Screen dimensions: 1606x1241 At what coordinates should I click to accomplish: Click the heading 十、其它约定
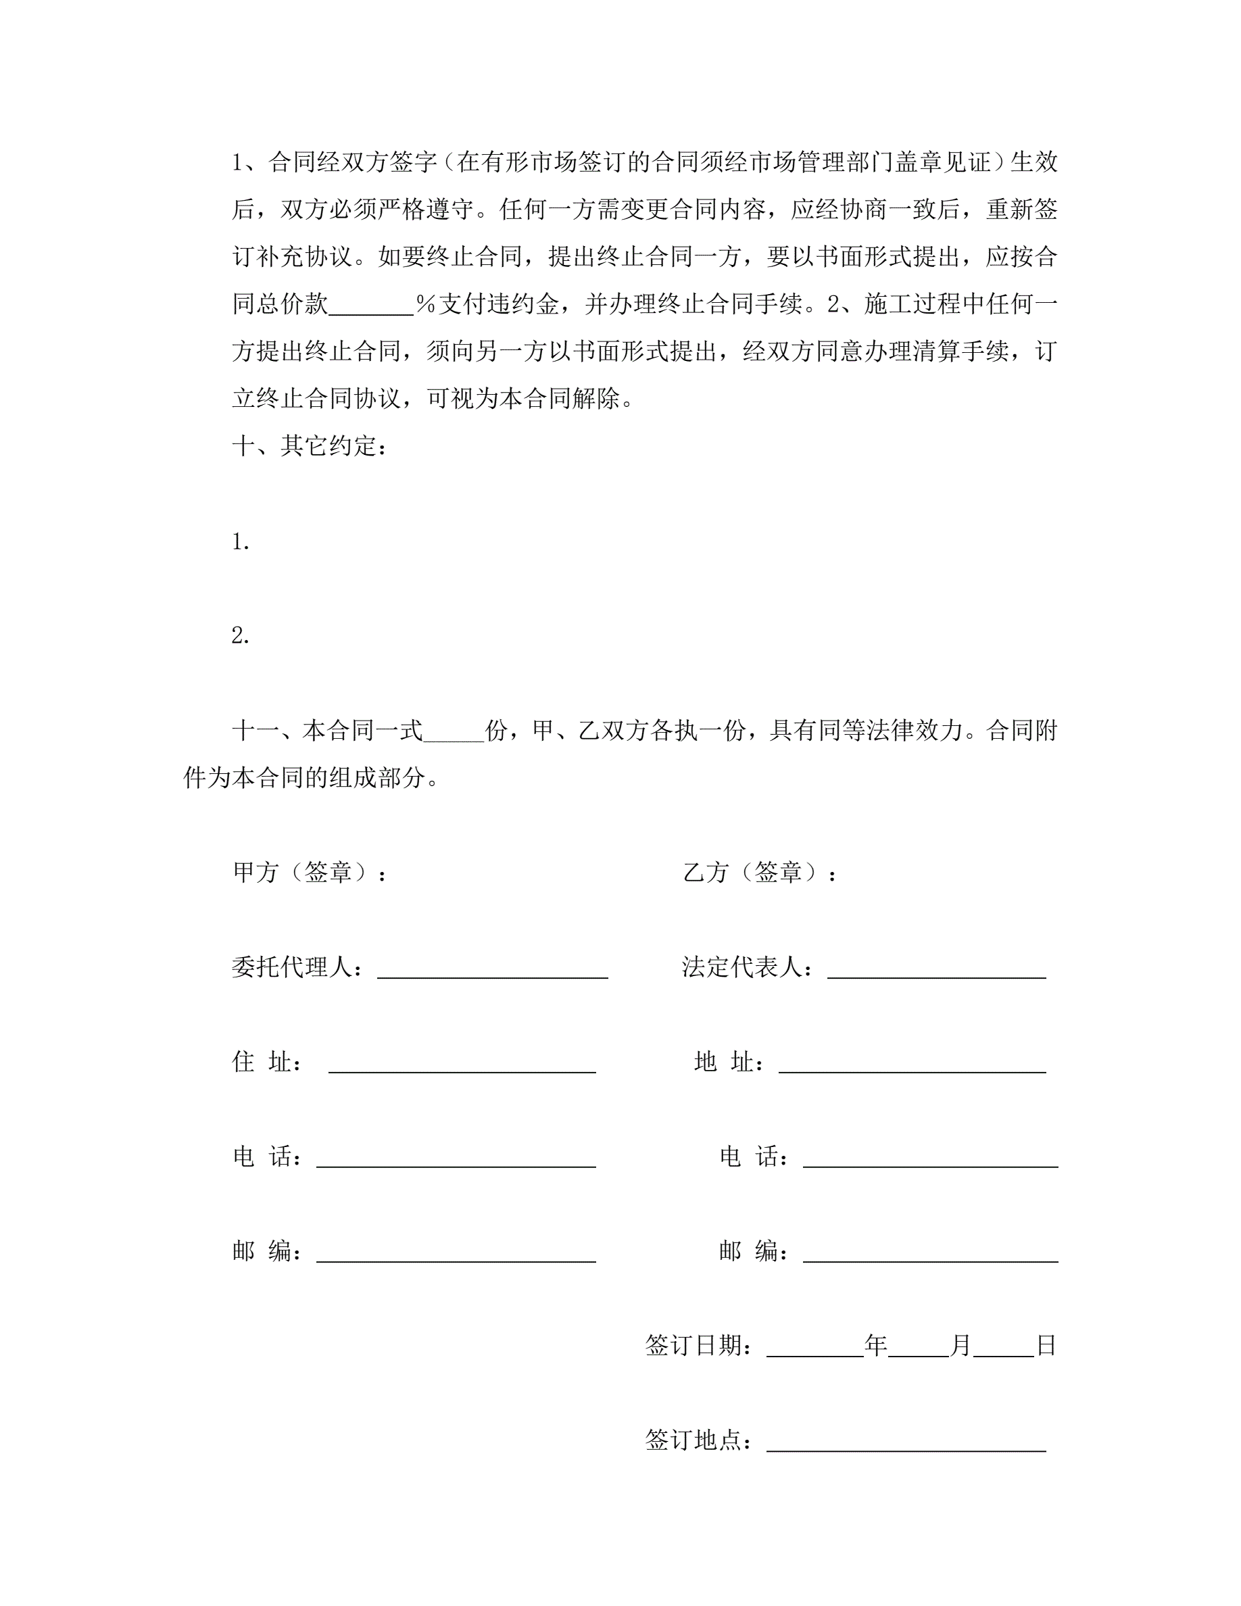tap(309, 446)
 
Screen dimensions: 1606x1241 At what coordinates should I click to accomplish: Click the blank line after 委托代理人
tap(492, 971)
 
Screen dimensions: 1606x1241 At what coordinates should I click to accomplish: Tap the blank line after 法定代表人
tap(936, 971)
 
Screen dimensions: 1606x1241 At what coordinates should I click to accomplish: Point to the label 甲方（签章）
tap(309, 873)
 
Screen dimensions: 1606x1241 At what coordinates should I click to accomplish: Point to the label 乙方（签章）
tap(758, 873)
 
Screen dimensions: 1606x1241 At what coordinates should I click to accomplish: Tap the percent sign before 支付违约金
tap(426, 304)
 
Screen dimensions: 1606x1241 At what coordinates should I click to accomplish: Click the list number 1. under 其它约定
tap(241, 543)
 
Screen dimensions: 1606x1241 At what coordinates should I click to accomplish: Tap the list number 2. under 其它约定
tap(241, 637)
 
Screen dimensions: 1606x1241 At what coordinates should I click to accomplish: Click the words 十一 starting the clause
tap(255, 731)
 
